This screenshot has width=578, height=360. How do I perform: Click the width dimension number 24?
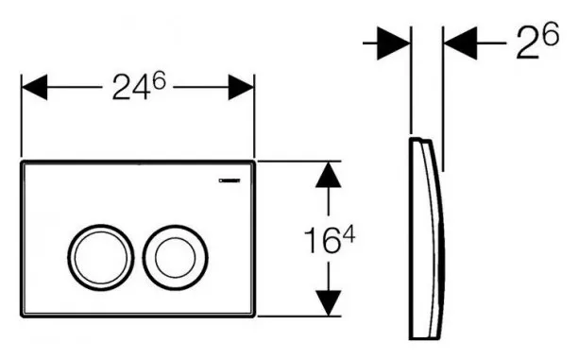point(131,89)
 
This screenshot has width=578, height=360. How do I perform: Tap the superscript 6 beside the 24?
point(160,80)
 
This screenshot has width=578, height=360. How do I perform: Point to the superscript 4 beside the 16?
point(348,234)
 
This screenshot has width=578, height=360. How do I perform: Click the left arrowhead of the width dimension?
point(34,88)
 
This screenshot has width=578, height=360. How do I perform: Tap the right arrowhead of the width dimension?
point(241,88)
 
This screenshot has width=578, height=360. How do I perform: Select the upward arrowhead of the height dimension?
point(328,175)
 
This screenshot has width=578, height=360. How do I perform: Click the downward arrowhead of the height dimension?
point(328,303)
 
